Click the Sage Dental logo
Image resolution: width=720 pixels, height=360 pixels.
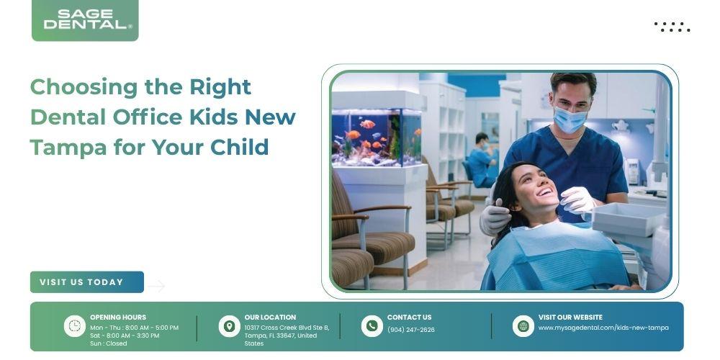click(85, 20)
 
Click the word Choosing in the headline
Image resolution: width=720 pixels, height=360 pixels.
click(84, 87)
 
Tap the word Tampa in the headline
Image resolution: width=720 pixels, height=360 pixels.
click(68, 148)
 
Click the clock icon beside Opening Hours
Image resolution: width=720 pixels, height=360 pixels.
click(74, 326)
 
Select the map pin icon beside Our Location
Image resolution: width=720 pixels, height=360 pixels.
click(229, 326)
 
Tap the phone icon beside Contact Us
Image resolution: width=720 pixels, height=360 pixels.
click(372, 326)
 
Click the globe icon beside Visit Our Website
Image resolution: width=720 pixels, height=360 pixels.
click(523, 326)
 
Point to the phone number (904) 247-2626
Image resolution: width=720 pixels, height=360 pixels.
click(411, 330)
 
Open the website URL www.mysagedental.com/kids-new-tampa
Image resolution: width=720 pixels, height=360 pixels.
click(603, 328)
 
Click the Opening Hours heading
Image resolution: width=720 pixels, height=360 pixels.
click(118, 318)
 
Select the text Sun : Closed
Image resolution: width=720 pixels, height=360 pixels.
click(109, 343)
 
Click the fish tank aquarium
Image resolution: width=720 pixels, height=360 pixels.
click(377, 137)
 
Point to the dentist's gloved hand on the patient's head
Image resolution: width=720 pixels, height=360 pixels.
click(495, 216)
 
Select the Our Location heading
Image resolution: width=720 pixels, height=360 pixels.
click(270, 318)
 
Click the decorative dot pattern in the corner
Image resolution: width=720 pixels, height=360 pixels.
click(672, 27)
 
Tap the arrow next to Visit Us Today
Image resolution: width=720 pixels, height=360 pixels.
click(156, 286)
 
